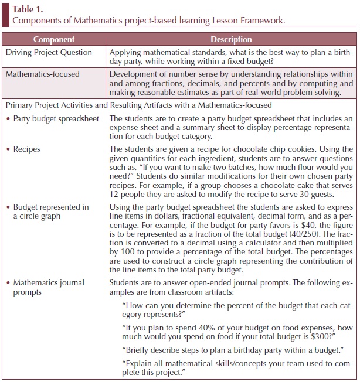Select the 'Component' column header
[54, 40]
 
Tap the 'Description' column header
[231, 40]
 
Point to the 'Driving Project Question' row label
[49, 53]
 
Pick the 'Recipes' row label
[28, 149]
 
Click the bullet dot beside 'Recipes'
[7, 149]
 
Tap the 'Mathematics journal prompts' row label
[49, 287]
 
